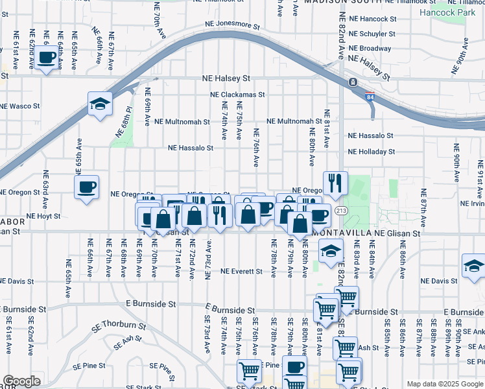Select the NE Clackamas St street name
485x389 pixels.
(x=238, y=94)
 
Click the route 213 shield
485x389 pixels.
(x=340, y=211)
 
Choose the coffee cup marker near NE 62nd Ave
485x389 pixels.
(x=46, y=58)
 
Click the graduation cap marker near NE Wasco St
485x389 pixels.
(x=100, y=104)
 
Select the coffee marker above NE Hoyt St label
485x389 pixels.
(x=86, y=188)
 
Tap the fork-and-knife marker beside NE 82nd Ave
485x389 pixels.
(x=335, y=184)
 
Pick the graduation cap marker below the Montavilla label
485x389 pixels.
(x=331, y=250)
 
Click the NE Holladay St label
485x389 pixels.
(x=371, y=152)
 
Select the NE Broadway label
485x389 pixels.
(x=370, y=49)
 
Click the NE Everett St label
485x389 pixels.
(x=241, y=271)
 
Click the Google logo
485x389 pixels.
(x=22, y=382)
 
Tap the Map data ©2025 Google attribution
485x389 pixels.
(x=444, y=384)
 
